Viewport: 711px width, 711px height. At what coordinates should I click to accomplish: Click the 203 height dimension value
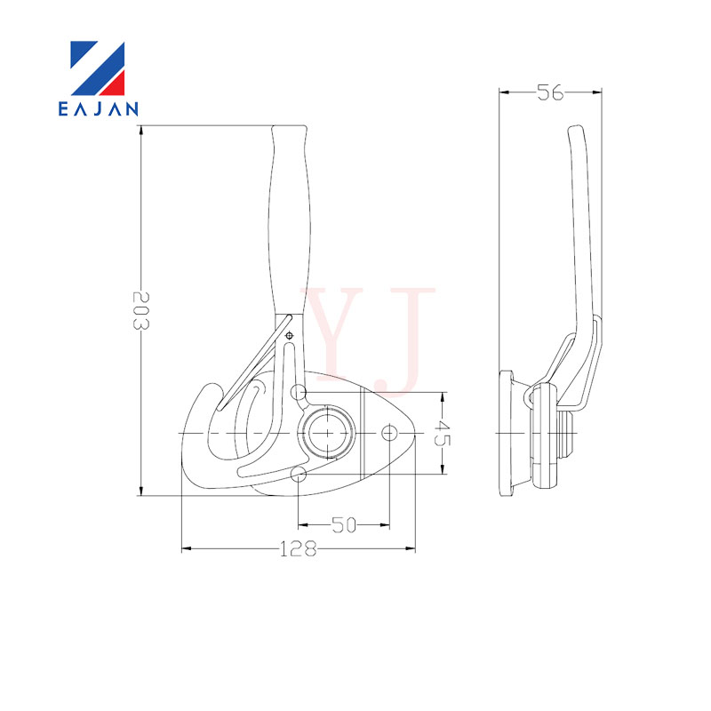[140, 310]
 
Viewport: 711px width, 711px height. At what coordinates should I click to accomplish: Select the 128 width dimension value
[298, 548]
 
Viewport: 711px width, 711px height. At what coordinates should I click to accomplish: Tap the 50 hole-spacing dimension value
[344, 525]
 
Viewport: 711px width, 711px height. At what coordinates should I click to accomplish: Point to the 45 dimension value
[442, 433]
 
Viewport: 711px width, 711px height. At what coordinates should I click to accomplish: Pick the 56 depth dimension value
[550, 92]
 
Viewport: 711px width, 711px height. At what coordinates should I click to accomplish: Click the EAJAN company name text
[98, 108]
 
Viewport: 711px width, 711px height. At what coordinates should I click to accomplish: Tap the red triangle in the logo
[114, 84]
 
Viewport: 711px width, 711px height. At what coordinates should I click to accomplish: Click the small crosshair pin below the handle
[290, 336]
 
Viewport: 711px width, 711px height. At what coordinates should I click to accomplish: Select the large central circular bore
[328, 433]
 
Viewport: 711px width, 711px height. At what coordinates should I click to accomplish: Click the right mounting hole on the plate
[389, 433]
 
